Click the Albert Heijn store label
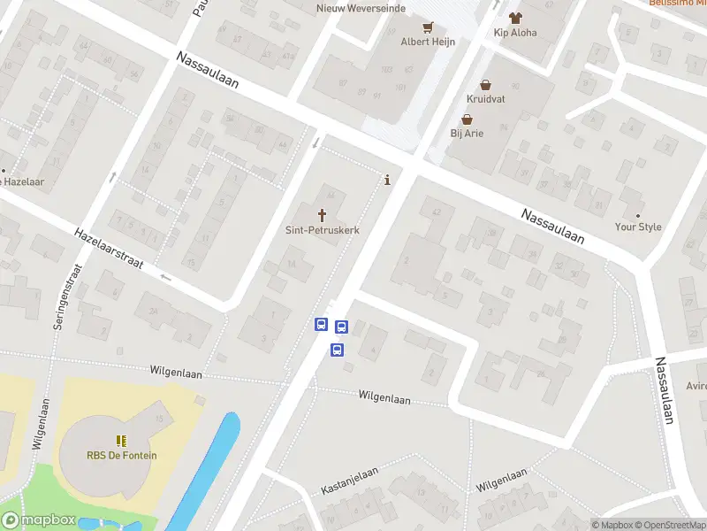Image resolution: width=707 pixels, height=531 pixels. [x=429, y=42]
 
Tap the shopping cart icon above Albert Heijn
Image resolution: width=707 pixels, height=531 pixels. [x=429, y=27]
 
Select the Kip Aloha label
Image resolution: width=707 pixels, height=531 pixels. [x=515, y=33]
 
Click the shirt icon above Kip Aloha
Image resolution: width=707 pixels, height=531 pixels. [x=515, y=17]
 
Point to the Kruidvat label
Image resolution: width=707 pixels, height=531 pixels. [x=486, y=99]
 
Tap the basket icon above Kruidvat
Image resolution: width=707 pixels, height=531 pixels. [x=486, y=84]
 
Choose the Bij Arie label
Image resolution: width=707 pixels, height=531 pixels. [x=468, y=134]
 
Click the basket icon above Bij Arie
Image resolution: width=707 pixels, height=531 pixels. [x=468, y=119]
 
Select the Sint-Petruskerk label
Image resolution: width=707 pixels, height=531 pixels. [x=322, y=229]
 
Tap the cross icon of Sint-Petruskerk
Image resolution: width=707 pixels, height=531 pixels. [x=322, y=214]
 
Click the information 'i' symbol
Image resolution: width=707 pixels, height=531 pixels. [x=387, y=181]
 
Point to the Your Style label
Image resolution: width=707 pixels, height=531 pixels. [x=638, y=227]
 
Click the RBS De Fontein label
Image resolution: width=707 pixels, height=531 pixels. [x=121, y=456]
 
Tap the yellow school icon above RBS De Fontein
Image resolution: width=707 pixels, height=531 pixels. [x=121, y=440]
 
